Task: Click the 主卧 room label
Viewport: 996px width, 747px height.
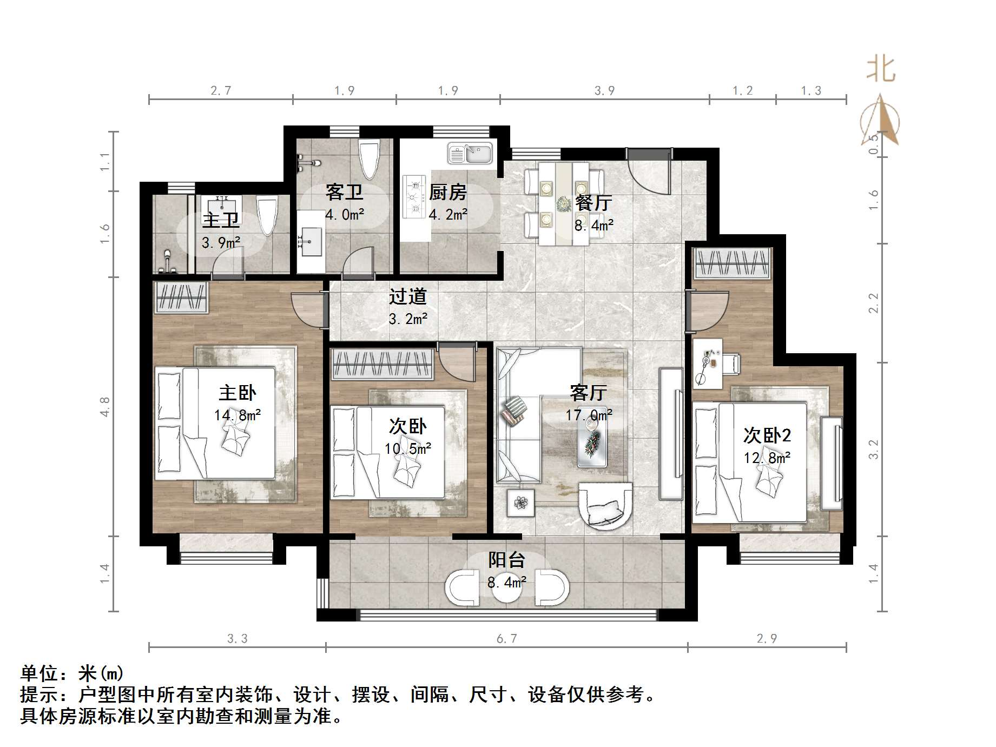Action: (x=237, y=393)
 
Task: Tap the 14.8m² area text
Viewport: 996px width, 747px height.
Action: (x=237, y=415)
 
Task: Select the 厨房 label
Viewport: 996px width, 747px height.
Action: (x=447, y=193)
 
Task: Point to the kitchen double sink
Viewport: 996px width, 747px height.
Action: (x=469, y=153)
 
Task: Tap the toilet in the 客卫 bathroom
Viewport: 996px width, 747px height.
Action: (x=370, y=158)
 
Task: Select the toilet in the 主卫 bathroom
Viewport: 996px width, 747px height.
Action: (x=267, y=215)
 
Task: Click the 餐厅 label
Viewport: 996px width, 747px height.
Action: (x=593, y=203)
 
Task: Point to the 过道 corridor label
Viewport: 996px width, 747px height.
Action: (x=408, y=296)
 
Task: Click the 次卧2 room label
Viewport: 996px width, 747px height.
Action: (x=767, y=435)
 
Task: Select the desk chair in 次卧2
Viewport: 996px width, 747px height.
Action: (x=730, y=363)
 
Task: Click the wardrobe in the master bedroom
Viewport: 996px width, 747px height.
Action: (x=181, y=297)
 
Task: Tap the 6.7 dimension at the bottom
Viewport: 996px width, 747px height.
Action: (x=506, y=639)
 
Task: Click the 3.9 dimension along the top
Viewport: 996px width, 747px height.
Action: (x=604, y=90)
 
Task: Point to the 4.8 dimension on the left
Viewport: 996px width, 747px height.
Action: (x=105, y=407)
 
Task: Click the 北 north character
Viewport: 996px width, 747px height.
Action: (x=881, y=70)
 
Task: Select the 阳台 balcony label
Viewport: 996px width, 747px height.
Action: (x=506, y=560)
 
